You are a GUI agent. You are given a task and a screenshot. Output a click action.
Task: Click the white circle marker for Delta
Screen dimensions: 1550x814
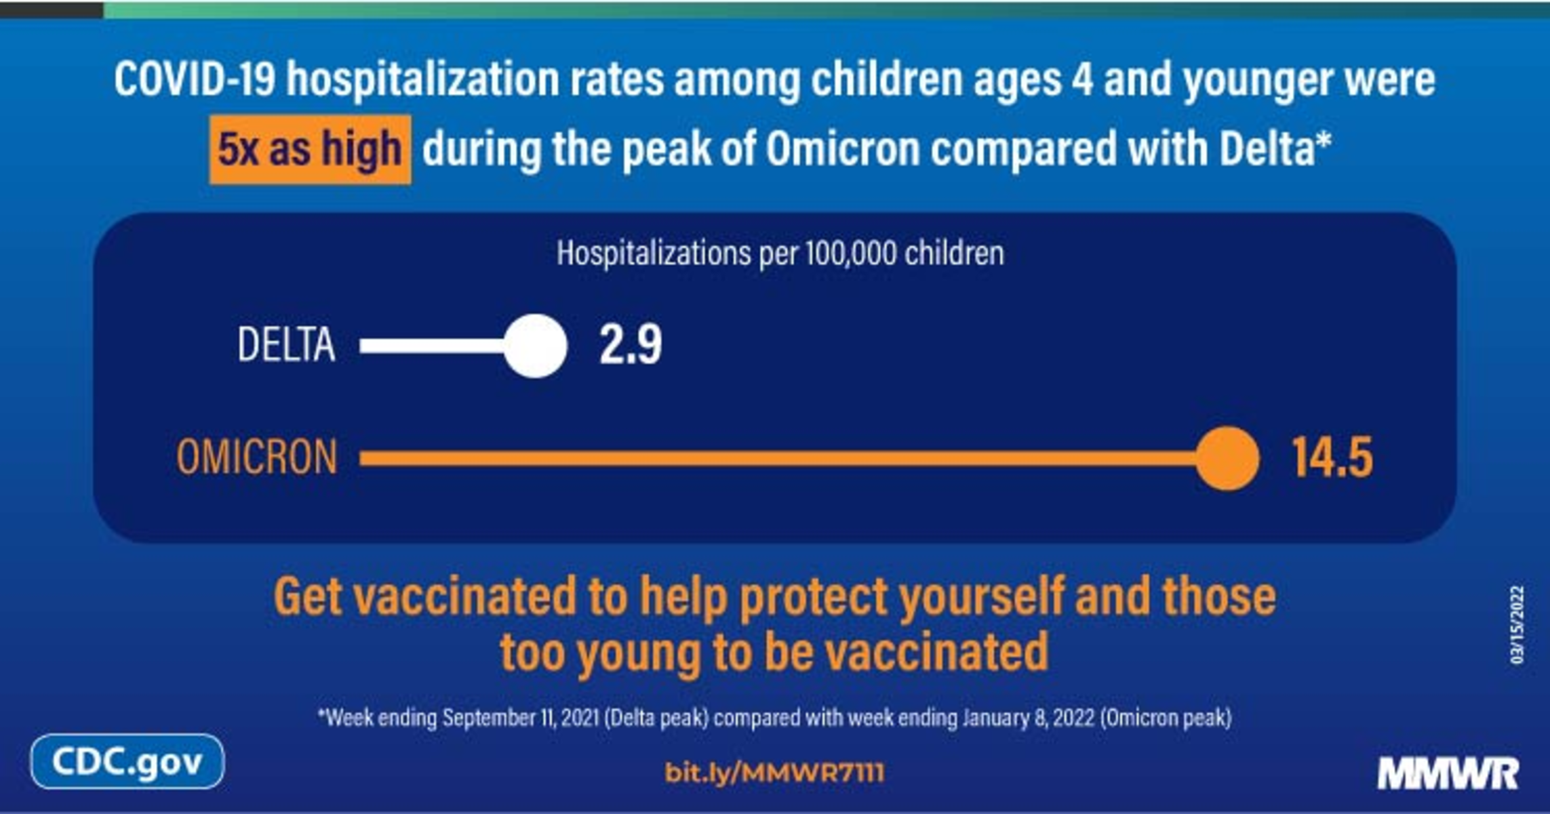click(x=536, y=346)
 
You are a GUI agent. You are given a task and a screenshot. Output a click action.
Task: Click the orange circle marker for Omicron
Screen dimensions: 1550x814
click(x=1227, y=458)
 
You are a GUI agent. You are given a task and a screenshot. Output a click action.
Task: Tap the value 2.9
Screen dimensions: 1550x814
click(x=631, y=345)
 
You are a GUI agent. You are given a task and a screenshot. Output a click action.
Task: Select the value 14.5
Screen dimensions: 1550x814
click(x=1332, y=457)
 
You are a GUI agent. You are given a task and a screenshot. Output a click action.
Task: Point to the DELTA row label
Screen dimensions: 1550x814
click(x=286, y=345)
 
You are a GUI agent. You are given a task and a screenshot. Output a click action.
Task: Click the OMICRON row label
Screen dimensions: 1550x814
click(x=257, y=457)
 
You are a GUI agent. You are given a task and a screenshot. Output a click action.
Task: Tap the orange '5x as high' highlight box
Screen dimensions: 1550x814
click(x=311, y=149)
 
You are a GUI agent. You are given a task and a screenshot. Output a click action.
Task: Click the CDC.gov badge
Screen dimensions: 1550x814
click(x=127, y=762)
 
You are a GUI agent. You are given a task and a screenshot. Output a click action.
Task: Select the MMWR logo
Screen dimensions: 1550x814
click(x=1448, y=773)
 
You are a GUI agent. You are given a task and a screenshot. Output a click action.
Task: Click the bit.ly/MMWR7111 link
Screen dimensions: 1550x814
click(x=774, y=773)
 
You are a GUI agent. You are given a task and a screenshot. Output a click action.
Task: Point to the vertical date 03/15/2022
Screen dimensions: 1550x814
click(x=1517, y=625)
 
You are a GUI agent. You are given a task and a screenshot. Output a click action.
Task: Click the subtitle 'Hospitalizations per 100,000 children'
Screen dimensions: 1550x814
click(x=780, y=253)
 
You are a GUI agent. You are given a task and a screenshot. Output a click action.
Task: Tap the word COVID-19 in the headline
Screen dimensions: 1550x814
click(x=195, y=79)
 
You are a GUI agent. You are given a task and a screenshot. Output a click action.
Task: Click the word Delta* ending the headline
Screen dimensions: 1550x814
click(x=1275, y=148)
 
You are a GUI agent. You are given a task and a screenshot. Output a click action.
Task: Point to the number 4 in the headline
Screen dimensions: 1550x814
click(x=1082, y=79)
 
